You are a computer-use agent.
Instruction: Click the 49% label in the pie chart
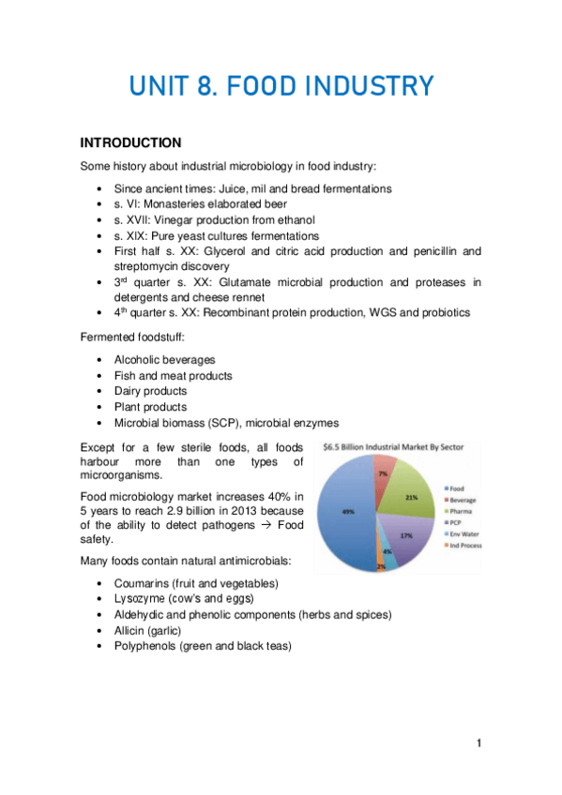[x=346, y=512]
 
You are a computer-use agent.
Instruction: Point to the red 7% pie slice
[x=384, y=474]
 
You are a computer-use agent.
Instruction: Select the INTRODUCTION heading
[x=130, y=143]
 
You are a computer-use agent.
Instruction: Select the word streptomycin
[x=153, y=266]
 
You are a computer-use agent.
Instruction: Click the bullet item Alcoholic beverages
[x=164, y=359]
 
